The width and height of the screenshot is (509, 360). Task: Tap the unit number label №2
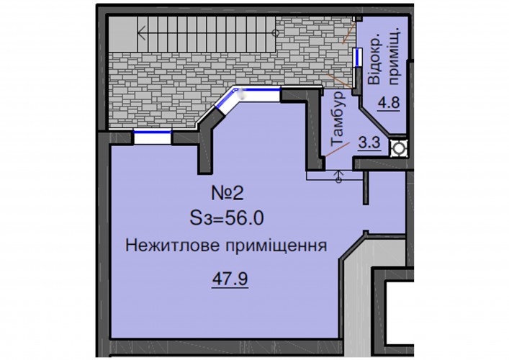[228, 194]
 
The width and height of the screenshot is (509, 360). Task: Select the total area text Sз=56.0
[227, 219]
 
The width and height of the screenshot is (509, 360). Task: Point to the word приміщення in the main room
[276, 246]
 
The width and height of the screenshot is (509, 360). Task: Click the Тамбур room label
[338, 118]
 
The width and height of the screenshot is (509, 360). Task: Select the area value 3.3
[369, 142]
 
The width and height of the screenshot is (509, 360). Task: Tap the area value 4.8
[388, 103]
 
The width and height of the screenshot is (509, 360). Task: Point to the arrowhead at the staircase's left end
[141, 32]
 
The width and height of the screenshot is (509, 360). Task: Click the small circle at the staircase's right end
[275, 32]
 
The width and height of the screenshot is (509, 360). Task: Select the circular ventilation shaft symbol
[398, 148]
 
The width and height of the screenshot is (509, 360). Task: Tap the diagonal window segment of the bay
[226, 98]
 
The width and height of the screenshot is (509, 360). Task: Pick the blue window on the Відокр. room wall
[357, 58]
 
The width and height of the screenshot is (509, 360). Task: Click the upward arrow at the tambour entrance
[339, 176]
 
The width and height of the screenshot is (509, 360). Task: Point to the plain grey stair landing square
[122, 34]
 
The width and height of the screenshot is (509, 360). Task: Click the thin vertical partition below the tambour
[366, 188]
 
